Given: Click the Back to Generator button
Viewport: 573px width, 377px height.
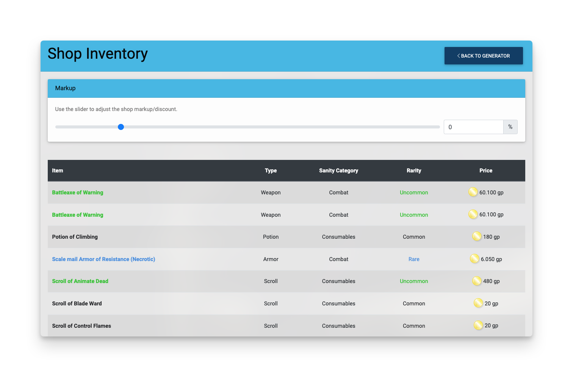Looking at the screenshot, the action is click(x=484, y=55).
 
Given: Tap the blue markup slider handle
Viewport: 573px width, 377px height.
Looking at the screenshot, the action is click(x=121, y=127).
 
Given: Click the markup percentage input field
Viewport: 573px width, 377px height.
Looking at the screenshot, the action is click(x=473, y=127).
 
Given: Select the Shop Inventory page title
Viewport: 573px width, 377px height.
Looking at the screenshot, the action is click(x=97, y=54).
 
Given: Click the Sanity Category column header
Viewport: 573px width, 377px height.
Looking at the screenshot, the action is click(x=338, y=171).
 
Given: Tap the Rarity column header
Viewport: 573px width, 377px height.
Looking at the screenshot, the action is click(x=413, y=171).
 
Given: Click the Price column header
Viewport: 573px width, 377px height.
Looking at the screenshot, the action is click(x=485, y=171).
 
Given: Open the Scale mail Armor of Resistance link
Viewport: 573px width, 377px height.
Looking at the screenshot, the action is click(x=103, y=259).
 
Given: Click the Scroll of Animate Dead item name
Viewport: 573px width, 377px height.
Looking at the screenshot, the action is click(x=80, y=281).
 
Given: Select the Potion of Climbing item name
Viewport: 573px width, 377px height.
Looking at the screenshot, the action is click(x=75, y=237).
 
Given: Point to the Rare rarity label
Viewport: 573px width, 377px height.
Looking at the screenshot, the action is click(x=413, y=259).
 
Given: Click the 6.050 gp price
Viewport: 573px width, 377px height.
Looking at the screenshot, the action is click(x=491, y=259).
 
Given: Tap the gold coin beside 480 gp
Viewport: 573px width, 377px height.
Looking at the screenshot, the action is click(x=477, y=281).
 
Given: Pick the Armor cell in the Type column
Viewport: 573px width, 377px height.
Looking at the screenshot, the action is click(x=271, y=259).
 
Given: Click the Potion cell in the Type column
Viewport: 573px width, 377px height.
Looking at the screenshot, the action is click(x=271, y=237).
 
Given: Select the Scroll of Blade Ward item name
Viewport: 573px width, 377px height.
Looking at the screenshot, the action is click(x=77, y=303).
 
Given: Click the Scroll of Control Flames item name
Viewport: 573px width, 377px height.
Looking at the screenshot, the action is click(x=81, y=325).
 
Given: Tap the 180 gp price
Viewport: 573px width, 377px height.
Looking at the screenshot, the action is click(x=491, y=237).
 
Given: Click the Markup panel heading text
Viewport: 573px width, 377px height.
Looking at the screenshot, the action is click(x=65, y=88).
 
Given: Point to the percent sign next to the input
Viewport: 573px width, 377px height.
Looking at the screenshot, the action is click(x=510, y=127).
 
